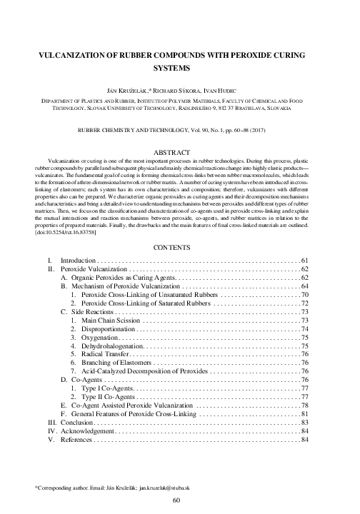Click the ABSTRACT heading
point(179,153)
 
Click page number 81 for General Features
point(304,414)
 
